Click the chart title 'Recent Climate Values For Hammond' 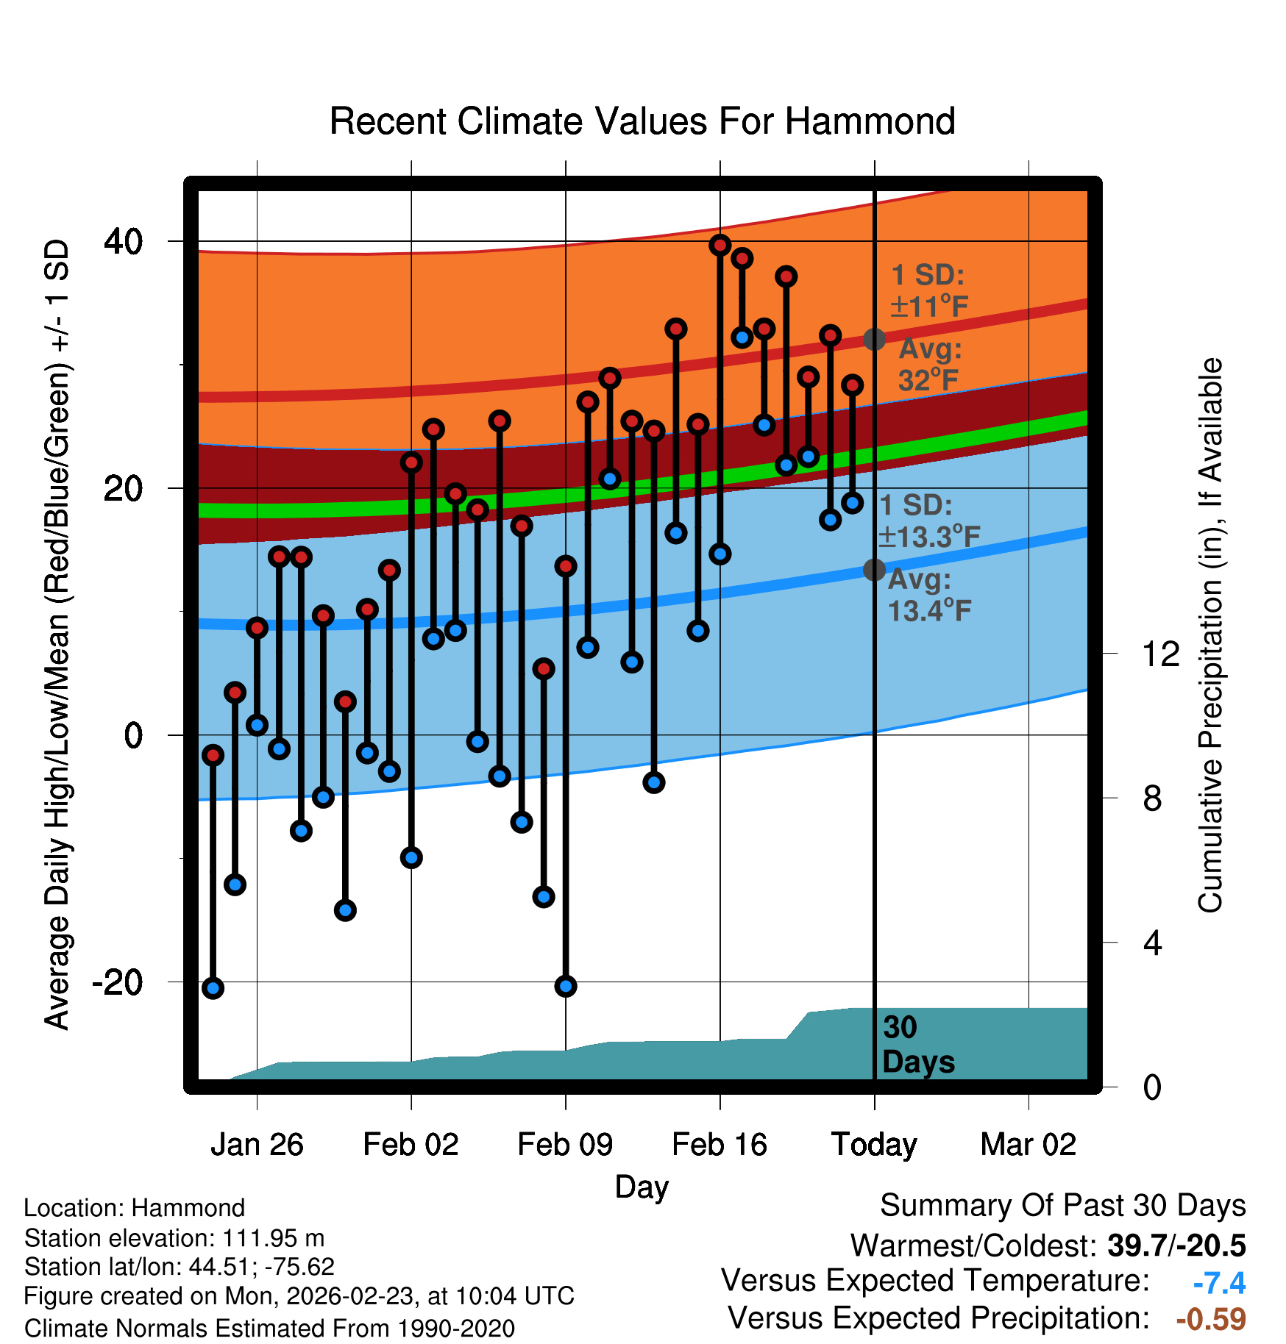642,121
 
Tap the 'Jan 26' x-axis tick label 257,1145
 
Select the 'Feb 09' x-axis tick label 565,1145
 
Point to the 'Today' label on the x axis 874,1145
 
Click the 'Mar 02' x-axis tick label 1028,1145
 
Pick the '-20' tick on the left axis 118,982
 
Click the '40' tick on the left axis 124,241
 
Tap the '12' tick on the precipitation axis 1160,654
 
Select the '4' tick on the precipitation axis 1152,943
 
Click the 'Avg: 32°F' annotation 929,365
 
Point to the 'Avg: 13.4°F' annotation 928,595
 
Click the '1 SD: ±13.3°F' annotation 929,521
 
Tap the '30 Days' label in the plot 917,1045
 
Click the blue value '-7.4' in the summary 1219,1284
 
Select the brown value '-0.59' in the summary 1211,1319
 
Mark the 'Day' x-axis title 642,1187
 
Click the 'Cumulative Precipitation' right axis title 1210,636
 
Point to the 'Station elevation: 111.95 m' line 174,1238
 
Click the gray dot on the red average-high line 874,339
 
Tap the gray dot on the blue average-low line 874,570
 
